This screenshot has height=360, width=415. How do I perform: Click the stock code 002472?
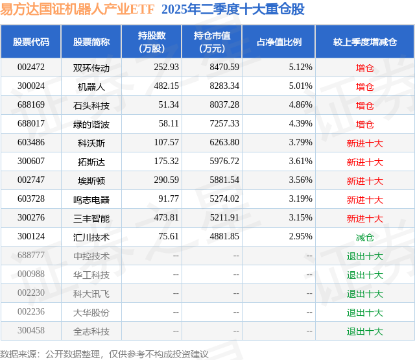[30, 67]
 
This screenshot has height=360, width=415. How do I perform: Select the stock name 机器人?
[91, 86]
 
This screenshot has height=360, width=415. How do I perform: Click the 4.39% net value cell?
[300, 124]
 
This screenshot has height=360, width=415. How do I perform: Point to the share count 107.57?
[167, 143]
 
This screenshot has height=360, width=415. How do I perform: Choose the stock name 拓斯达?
[91, 162]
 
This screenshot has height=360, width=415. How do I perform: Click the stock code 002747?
[30, 180]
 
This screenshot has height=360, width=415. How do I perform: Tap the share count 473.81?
[167, 218]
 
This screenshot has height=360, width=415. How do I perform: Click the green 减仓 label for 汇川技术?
[365, 237]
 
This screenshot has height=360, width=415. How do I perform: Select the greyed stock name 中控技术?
[91, 256]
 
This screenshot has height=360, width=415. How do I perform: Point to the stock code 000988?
[30, 275]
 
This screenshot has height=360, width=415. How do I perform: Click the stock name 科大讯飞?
[91, 294]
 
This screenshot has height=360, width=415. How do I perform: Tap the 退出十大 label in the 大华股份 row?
[365, 313]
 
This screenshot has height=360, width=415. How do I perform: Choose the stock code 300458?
[30, 331]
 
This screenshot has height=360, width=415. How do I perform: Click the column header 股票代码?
[30, 42]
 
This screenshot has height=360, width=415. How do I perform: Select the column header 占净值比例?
[279, 42]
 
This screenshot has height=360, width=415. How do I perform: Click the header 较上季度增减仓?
[365, 42]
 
